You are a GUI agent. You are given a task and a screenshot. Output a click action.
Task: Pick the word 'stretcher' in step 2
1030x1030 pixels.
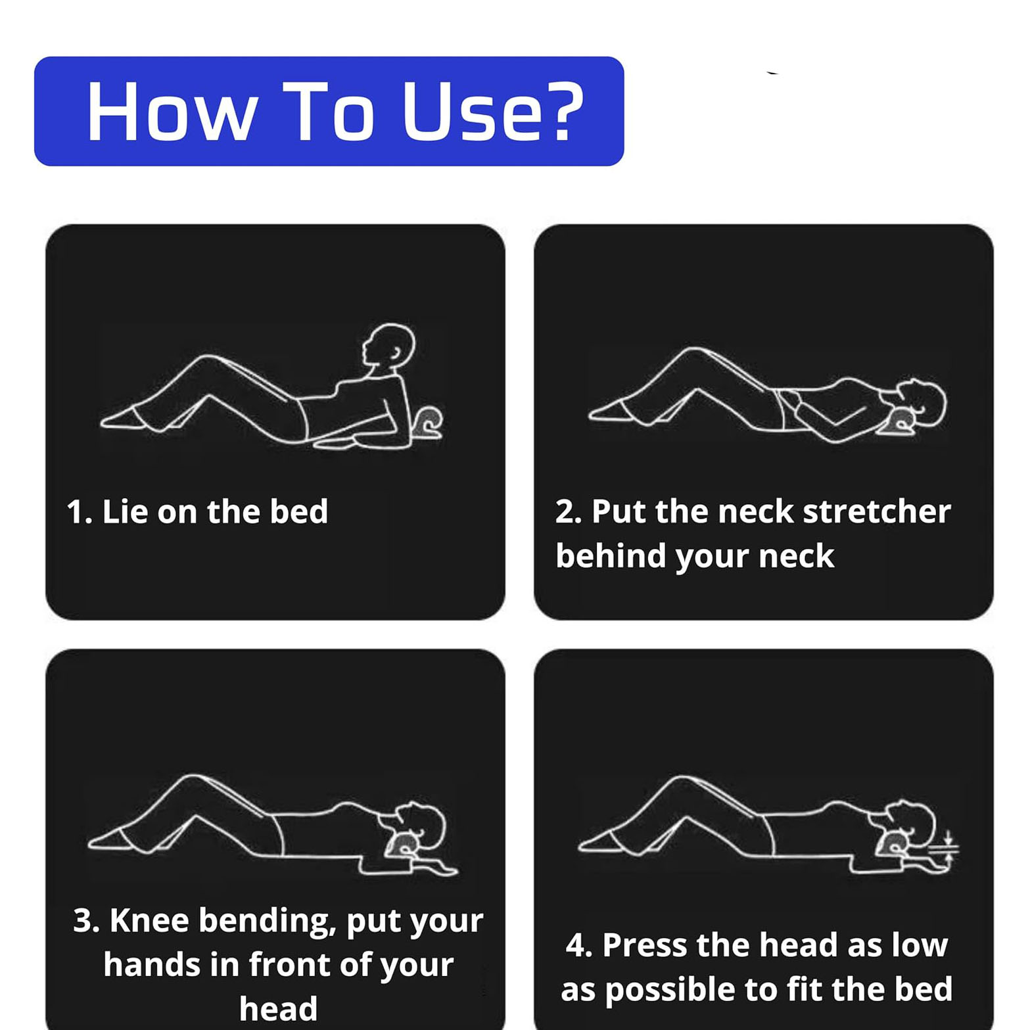click(x=877, y=511)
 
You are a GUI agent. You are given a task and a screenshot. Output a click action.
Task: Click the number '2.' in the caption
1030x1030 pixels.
click(x=569, y=512)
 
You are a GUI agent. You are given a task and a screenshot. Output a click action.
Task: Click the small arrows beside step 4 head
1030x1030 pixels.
click(x=948, y=848)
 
